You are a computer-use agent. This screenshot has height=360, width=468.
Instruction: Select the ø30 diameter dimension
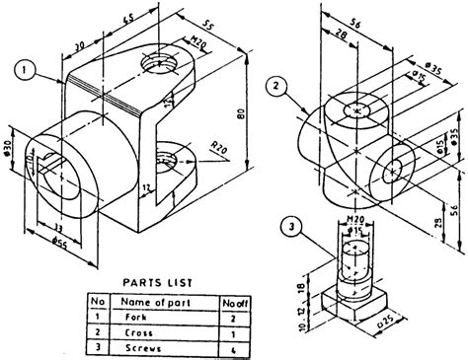[10, 148]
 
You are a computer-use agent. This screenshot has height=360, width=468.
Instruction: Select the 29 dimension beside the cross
[435, 202]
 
